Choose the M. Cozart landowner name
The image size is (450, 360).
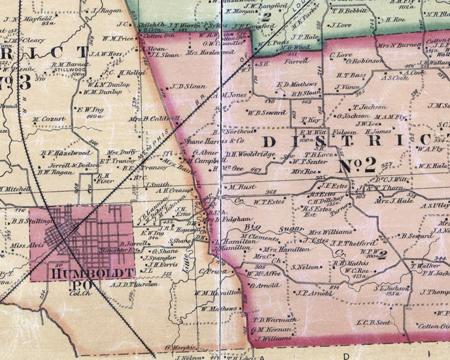[48, 120]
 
